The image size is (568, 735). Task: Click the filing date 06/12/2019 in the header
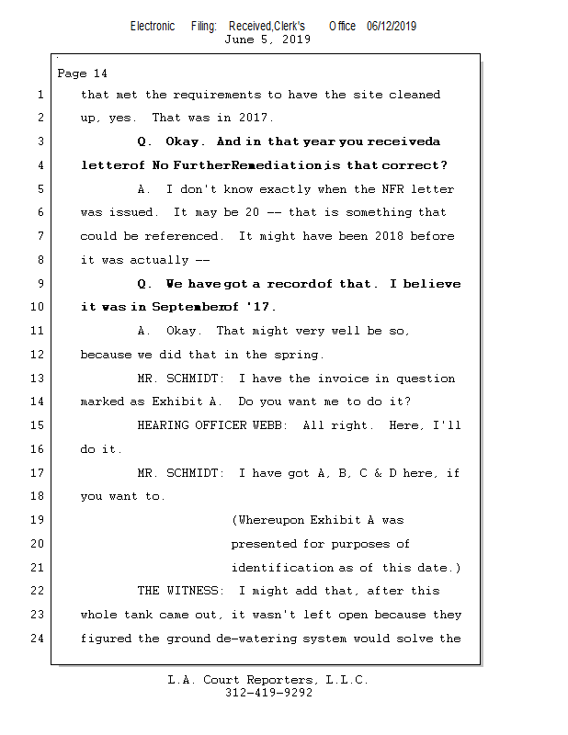coord(391,27)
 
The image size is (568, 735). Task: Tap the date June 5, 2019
coord(267,40)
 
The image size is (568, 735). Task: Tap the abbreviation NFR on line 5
coord(381,189)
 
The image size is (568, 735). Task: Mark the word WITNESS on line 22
coord(198,591)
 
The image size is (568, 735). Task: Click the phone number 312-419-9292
coord(268,693)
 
